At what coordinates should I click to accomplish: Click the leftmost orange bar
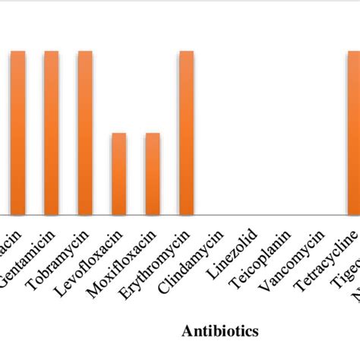(x=17, y=133)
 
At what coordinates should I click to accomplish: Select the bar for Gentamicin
(x=51, y=133)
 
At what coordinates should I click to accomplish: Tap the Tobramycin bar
(x=85, y=133)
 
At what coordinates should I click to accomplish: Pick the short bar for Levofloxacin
(x=118, y=174)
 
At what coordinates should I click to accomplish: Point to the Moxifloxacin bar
(x=153, y=174)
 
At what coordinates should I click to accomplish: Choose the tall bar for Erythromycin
(x=186, y=133)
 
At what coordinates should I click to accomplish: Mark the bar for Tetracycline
(x=353, y=133)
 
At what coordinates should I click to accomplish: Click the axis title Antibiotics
(x=219, y=331)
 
